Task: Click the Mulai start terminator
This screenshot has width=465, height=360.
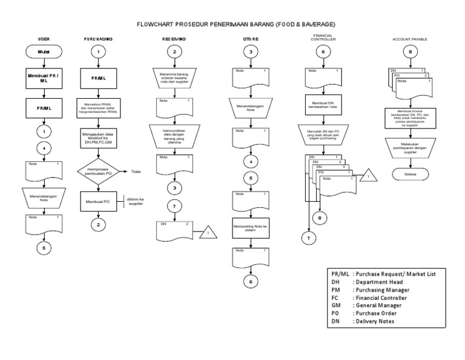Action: pos(44,53)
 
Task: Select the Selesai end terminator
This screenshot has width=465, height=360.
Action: pos(410,174)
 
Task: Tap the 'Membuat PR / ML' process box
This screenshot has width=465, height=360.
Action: pos(44,79)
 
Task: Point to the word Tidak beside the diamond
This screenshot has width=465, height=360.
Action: pos(137,172)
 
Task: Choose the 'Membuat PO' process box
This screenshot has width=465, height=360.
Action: pos(97,201)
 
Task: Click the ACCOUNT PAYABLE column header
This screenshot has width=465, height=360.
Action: pos(410,39)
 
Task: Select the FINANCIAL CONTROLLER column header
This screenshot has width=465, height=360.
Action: pos(323,38)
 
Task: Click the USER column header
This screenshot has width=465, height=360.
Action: pos(44,39)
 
